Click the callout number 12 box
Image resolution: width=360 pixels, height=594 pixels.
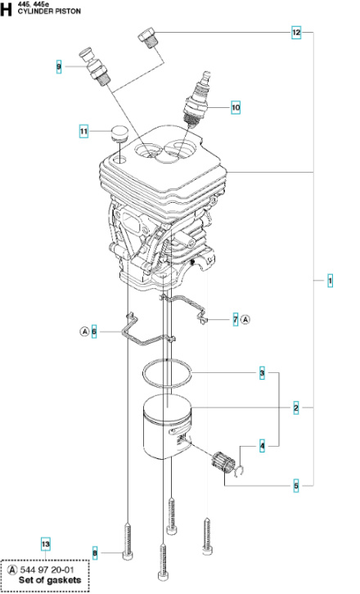pyautogui.click(x=296, y=34)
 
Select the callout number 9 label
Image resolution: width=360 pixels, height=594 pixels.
pyautogui.click(x=59, y=66)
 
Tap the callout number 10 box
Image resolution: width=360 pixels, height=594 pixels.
pyautogui.click(x=236, y=106)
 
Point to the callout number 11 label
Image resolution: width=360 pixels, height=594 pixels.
pyautogui.click(x=83, y=131)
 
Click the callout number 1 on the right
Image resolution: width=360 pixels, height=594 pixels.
pyautogui.click(x=330, y=281)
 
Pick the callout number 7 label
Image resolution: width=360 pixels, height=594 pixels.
pyautogui.click(x=235, y=319)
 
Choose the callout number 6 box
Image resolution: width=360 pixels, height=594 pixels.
pyautogui.click(x=94, y=331)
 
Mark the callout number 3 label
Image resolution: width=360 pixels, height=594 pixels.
pyautogui.click(x=263, y=373)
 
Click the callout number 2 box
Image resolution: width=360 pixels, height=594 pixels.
pyautogui.click(x=296, y=407)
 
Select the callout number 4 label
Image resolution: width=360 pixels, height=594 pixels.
pyautogui.click(x=263, y=446)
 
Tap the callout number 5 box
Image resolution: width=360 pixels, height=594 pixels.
pyautogui.click(x=296, y=486)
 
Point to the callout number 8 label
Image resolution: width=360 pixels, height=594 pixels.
pyautogui.click(x=95, y=554)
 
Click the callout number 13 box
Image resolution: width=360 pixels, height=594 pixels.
pyautogui.click(x=46, y=543)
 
